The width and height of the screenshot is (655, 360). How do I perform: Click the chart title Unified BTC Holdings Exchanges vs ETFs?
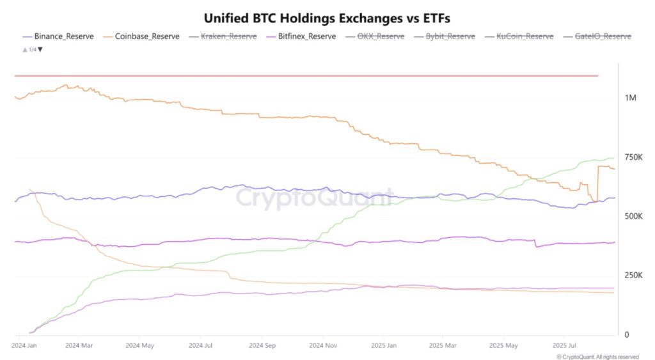tap(327, 18)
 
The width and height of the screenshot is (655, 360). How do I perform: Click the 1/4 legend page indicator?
tap(32, 49)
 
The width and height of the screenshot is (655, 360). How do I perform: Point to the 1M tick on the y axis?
tap(631, 98)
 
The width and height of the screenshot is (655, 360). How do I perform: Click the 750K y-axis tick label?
tap(634, 157)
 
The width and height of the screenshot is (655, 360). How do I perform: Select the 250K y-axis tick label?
tap(634, 276)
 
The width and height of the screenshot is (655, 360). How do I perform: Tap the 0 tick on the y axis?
tap(627, 334)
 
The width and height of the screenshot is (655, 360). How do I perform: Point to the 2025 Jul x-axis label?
tap(564, 345)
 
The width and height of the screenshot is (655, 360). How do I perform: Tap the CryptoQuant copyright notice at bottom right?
tap(597, 356)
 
